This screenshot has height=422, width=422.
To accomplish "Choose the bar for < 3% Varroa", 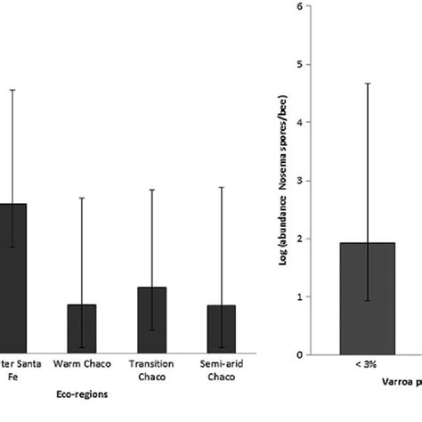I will tap(367, 298).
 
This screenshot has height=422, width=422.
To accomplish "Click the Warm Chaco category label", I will tap(82, 364).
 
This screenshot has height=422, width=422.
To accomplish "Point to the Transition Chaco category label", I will tap(151, 369).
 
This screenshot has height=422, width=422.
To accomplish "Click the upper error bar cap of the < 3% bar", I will tap(367, 84).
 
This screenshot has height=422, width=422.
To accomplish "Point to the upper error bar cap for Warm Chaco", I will tap(82, 198).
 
